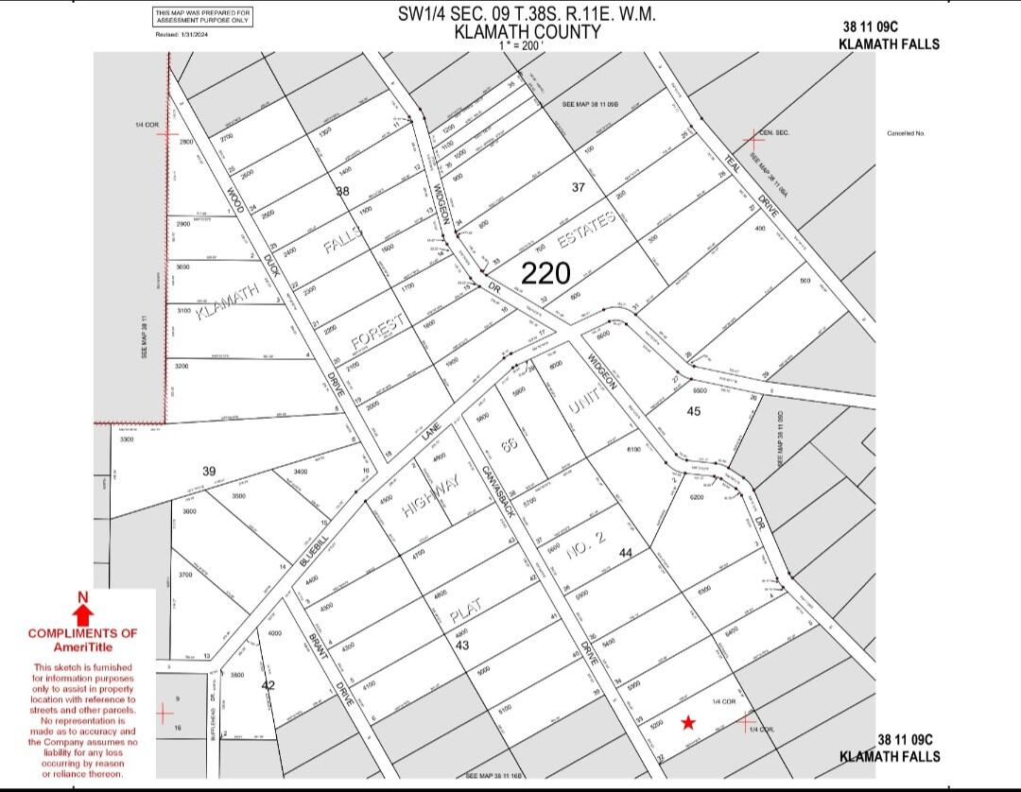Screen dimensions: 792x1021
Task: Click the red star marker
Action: [x=688, y=723]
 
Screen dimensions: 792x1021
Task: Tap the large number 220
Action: [x=546, y=273]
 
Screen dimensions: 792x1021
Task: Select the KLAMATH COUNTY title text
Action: [x=528, y=31]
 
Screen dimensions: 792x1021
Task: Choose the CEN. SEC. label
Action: [x=773, y=133]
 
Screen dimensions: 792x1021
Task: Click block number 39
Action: [x=209, y=471]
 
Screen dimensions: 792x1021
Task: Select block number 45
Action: [x=694, y=411]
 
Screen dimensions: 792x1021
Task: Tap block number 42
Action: [x=268, y=685]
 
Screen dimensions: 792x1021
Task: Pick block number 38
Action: [x=342, y=191]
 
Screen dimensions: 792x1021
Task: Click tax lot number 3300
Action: [x=127, y=439]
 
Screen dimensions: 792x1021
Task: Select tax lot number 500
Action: [x=805, y=281]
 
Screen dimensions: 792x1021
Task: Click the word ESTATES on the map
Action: [x=586, y=230]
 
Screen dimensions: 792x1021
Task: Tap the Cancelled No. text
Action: [x=906, y=133]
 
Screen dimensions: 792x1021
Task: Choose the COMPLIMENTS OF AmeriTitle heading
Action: [x=82, y=639]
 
